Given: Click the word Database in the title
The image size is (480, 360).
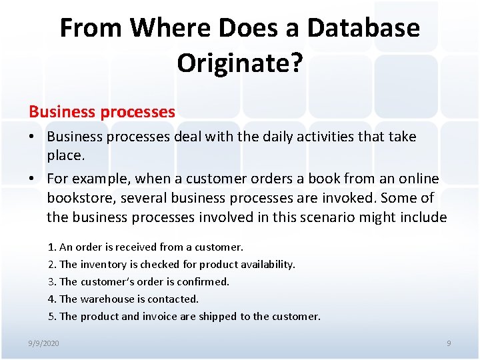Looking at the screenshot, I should [363, 28].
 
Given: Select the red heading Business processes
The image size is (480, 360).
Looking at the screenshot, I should [101, 111].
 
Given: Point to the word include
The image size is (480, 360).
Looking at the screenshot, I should [421, 217].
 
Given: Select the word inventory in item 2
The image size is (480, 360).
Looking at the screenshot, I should [101, 265].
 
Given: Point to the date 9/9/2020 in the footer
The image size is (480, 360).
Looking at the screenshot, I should [43, 343].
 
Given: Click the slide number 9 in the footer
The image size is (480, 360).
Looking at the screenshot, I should [448, 343].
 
